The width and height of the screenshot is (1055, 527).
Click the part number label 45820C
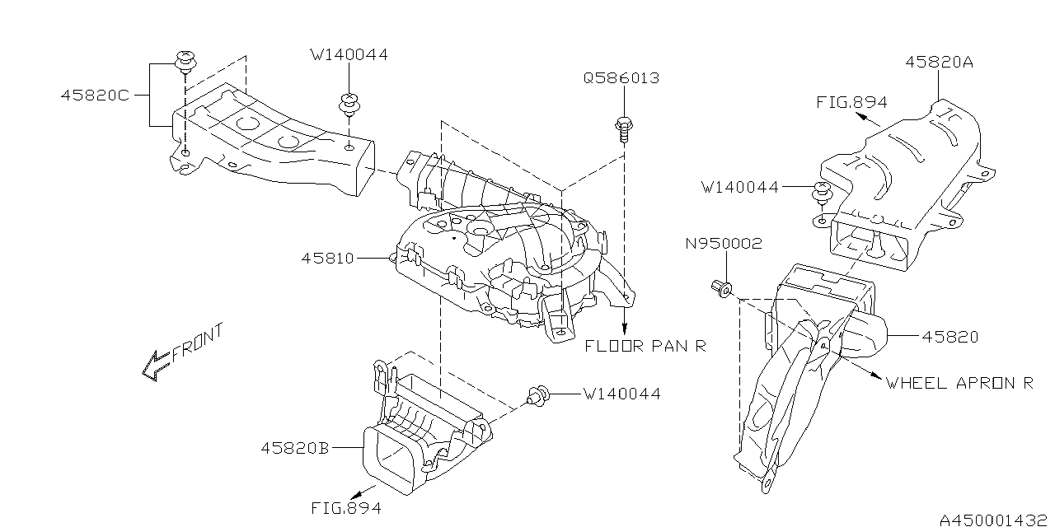coord(94,95)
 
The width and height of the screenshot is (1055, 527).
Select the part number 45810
coord(327,258)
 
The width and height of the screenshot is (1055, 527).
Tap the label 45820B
coord(295,448)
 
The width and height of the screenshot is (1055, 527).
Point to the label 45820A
coord(940,62)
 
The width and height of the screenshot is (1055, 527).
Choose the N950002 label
coord(724,244)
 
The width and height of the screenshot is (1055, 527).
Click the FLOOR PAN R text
coord(645,346)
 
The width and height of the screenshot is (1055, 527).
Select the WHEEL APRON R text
coord(959,383)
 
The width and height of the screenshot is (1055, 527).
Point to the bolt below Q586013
coord(624,128)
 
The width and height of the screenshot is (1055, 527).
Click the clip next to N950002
coord(720,288)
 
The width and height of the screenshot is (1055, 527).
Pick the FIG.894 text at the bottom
coord(346,508)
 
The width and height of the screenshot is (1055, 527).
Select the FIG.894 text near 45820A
coord(851,102)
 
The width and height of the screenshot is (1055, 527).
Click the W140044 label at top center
coord(349,55)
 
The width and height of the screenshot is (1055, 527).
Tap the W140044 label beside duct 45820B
coord(621,394)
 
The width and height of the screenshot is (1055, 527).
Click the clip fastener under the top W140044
coord(350,105)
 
